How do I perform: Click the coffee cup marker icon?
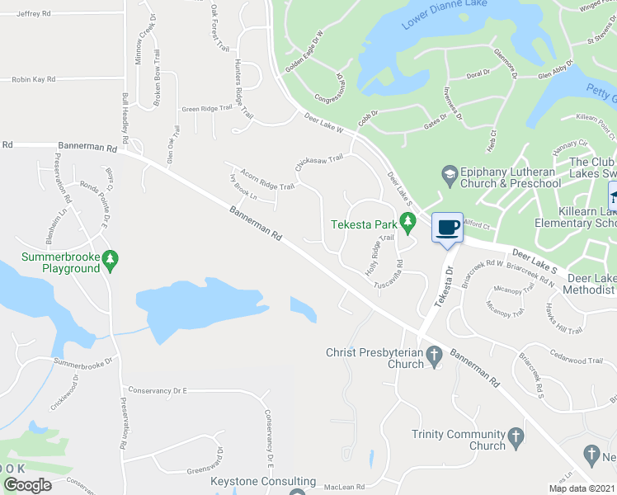click(447, 227)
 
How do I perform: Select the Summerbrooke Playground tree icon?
click(111, 262)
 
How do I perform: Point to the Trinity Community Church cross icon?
click(516, 436)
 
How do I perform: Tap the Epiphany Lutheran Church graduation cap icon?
click(449, 174)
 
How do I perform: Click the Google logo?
click(27, 486)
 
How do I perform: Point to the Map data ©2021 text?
click(582, 488)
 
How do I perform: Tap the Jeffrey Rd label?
click(33, 14)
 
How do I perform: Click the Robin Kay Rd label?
click(33, 79)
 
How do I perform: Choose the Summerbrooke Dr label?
click(82, 362)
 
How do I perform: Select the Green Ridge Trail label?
click(206, 109)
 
